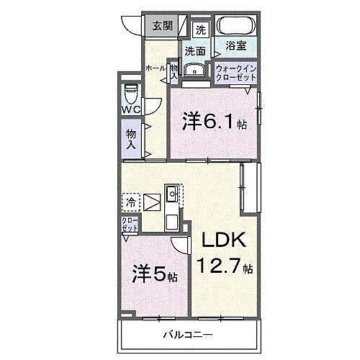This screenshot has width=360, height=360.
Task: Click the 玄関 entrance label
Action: [x=163, y=26]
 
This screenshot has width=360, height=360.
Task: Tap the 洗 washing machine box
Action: [x=202, y=30]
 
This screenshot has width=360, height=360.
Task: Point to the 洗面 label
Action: [x=194, y=51]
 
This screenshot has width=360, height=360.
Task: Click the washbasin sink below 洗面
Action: [x=194, y=70]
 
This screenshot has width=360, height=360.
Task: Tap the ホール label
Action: [x=153, y=68]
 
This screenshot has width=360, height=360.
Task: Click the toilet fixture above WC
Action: [x=131, y=94]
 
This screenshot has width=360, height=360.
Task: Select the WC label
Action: [x=130, y=109]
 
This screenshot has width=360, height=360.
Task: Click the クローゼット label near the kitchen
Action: [x=130, y=224]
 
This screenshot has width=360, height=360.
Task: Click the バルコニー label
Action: [x=186, y=336]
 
